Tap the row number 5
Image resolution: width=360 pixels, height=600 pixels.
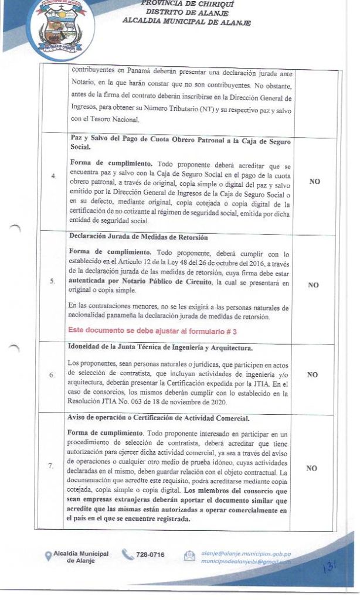tap(53, 281)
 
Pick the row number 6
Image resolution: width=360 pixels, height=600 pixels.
tap(53, 374)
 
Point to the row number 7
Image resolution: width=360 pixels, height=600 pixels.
tap(53, 465)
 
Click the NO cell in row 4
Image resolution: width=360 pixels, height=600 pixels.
tap(314, 182)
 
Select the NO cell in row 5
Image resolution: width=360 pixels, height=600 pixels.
tap(314, 285)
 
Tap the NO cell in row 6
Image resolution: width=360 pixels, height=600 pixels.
tap(314, 374)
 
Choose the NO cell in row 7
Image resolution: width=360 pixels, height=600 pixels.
tap(314, 468)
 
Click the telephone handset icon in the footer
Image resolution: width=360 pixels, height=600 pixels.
tap(128, 554)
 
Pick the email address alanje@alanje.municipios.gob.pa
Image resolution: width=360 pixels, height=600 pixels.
tap(246, 553)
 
